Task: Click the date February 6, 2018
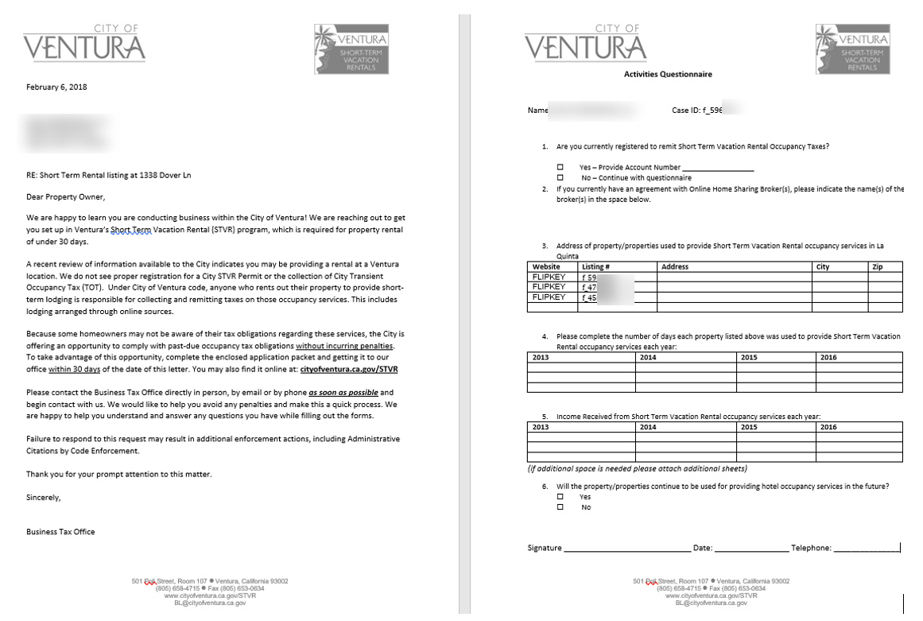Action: (x=56, y=87)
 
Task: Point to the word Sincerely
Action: (x=43, y=497)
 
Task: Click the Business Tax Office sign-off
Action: (x=60, y=532)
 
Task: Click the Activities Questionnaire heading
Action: (x=668, y=74)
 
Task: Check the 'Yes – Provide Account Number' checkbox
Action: (x=560, y=167)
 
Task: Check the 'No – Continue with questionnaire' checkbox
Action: (x=560, y=177)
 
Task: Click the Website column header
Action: (x=546, y=267)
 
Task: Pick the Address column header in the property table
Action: (x=675, y=267)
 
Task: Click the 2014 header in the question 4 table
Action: (x=647, y=358)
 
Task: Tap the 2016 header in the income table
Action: (x=828, y=427)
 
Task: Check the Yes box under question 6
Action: (x=560, y=496)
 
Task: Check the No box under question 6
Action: (x=560, y=507)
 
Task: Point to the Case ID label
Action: (x=686, y=111)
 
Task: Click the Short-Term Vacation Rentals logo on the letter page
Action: (x=351, y=49)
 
